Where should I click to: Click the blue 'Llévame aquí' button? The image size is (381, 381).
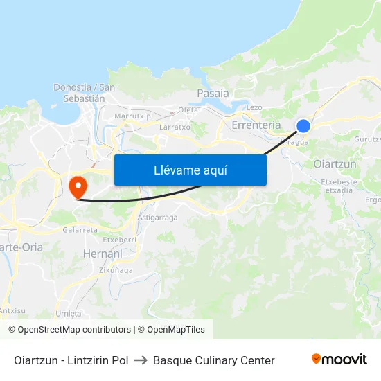[190, 170]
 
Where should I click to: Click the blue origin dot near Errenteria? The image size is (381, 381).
[303, 125]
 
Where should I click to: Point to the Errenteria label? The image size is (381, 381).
[256, 125]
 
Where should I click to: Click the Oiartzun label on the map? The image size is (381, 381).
[335, 164]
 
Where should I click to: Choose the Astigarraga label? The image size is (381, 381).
[157, 218]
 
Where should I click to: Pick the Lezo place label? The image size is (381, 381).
[254, 107]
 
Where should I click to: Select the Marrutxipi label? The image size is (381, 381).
[133, 116]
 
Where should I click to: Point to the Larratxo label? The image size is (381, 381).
[175, 127]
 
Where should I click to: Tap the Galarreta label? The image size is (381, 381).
[80, 229]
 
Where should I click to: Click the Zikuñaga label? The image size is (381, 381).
[116, 270]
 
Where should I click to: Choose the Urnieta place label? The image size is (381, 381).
[69, 313]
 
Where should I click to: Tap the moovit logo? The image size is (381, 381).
[339, 360]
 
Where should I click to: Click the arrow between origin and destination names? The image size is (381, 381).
[141, 360]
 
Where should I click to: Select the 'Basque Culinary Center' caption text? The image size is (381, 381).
[213, 360]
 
